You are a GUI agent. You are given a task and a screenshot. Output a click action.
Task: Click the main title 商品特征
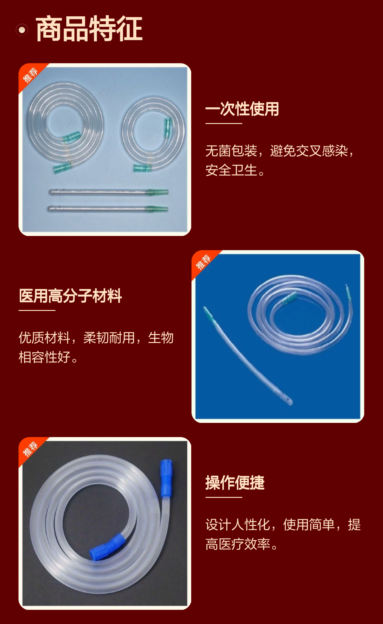[x=89, y=29]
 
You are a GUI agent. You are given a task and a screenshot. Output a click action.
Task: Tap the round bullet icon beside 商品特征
[x=22, y=30]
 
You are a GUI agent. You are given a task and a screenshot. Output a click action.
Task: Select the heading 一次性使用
[x=242, y=109]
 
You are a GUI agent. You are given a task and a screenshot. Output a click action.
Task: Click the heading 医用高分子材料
[x=70, y=296]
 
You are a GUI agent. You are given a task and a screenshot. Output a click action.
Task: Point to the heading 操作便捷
[x=235, y=483]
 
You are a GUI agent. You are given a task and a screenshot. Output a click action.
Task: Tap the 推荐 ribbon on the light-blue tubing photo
[x=31, y=75]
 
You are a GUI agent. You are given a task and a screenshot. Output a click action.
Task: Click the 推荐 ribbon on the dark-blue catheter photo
[x=204, y=262]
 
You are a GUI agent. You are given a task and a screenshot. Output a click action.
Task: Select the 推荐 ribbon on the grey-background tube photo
[x=31, y=449]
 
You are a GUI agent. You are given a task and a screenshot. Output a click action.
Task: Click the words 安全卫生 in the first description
[x=231, y=170]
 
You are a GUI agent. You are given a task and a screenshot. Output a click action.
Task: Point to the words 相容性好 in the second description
[x=44, y=357]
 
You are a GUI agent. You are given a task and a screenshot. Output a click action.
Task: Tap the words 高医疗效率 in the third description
[x=238, y=544]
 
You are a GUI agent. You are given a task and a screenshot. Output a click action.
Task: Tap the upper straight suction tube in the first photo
[x=109, y=192]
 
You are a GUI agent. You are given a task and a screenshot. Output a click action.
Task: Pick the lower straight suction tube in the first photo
[x=108, y=209]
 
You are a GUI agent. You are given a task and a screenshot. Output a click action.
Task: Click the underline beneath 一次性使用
[x=224, y=123]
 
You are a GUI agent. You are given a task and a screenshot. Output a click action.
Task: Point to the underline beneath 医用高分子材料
[x=37, y=310]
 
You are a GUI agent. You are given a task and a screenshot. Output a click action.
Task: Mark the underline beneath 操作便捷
[x=224, y=497]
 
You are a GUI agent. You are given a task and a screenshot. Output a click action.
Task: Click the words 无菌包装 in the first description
[x=231, y=151]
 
